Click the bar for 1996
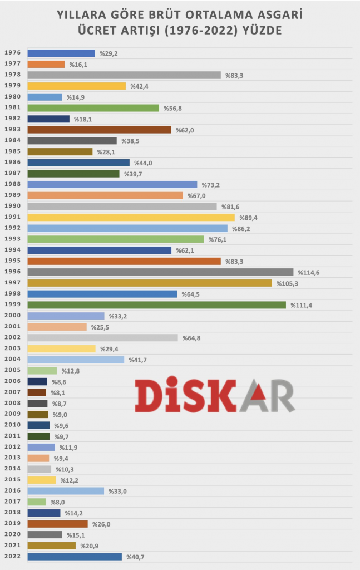160,272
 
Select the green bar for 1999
156,305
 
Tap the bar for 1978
124,75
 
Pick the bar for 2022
75,557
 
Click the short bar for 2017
37,502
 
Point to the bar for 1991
131,218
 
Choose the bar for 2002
102,338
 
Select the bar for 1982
48,119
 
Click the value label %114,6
308,272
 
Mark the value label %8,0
58,502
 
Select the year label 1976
12,53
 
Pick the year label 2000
12,316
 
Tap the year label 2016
12,491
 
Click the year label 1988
12,184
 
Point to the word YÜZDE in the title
261,30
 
